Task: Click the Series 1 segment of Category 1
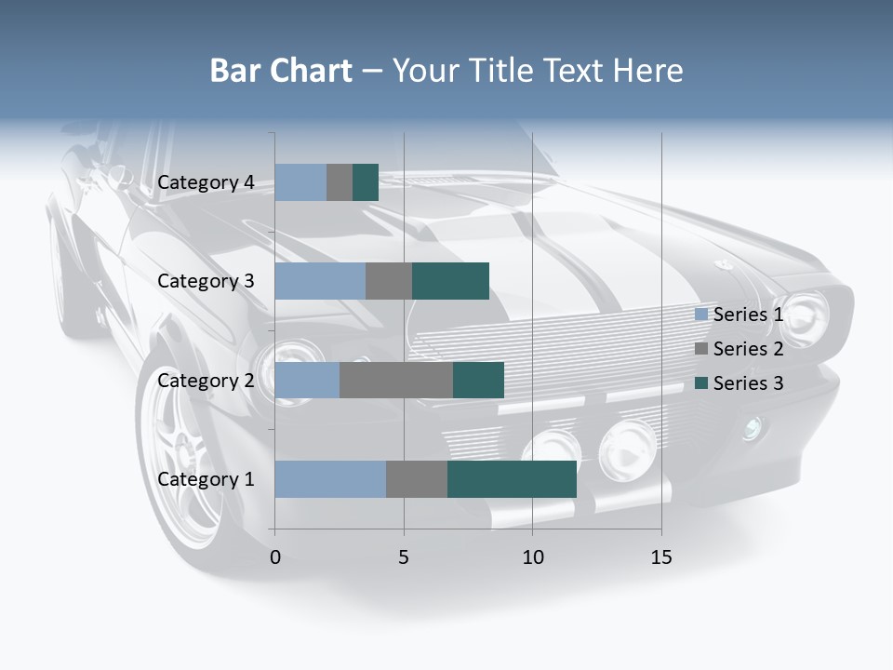tap(330, 479)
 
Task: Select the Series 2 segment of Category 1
tap(417, 479)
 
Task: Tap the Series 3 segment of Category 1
tap(512, 479)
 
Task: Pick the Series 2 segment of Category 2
tap(396, 381)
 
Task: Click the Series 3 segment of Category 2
tap(478, 381)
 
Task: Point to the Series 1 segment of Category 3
tap(320, 281)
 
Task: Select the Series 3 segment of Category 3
tap(450, 281)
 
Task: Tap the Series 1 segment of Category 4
tap(300, 182)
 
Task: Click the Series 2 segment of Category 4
tap(340, 182)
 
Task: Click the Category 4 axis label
tap(206, 182)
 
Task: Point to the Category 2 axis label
tap(206, 381)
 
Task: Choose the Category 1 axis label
tap(206, 479)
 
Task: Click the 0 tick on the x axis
tap(275, 557)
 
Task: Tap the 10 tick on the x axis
tap(532, 557)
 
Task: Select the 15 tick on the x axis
tap(661, 557)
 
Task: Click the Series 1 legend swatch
tap(701, 315)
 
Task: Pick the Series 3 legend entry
tap(740, 383)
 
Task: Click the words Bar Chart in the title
tap(281, 71)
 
